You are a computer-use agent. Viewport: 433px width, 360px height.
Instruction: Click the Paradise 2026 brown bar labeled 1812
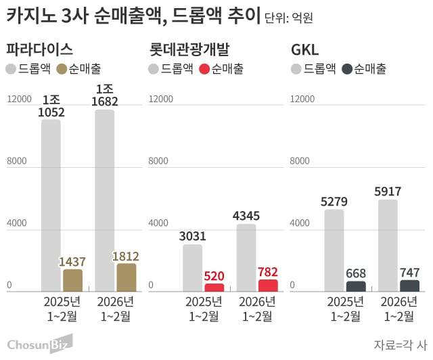pyautogui.click(x=127, y=277)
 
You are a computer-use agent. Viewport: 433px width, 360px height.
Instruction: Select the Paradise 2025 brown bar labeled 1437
pyautogui.click(x=72, y=280)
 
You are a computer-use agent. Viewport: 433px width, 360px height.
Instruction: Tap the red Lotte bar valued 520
pyautogui.click(x=214, y=287)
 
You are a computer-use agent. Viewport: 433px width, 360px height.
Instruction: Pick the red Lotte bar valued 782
pyautogui.click(x=268, y=285)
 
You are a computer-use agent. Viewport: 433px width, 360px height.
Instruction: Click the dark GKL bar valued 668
pyautogui.click(x=356, y=286)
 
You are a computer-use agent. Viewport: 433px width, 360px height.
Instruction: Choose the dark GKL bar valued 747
pyautogui.click(x=410, y=286)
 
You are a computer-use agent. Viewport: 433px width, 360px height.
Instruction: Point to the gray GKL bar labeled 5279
pyautogui.click(x=334, y=250)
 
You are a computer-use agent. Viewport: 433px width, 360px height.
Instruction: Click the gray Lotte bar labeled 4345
pyautogui.click(x=246, y=257)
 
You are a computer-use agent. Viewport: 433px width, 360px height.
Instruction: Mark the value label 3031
pyautogui.click(x=193, y=236)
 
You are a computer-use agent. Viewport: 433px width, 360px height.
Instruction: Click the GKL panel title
pyautogui.click(x=304, y=49)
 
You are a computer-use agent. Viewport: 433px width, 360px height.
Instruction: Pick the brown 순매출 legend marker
pyautogui.click(x=60, y=68)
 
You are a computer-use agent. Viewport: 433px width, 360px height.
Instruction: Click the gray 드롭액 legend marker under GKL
pyautogui.click(x=296, y=68)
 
